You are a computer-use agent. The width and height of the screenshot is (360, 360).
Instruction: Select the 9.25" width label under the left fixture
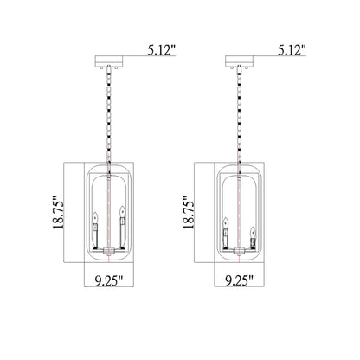(x=109, y=280)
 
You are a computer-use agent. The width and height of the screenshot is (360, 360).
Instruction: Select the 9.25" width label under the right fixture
(x=239, y=280)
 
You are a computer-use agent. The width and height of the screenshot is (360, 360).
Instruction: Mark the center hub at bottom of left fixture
(x=108, y=250)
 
